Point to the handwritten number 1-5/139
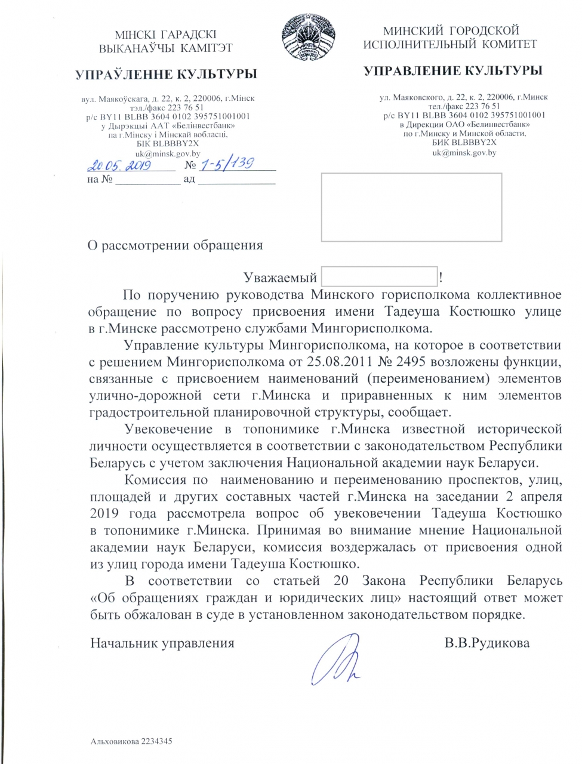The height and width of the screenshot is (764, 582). point(228,164)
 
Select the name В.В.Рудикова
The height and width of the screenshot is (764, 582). point(486,643)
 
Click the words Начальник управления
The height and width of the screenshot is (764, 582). point(162,643)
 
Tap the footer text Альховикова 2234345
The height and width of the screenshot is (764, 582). point(131,741)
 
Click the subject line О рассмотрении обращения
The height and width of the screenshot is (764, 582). point(175,245)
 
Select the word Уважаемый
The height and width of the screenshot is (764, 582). point(280,278)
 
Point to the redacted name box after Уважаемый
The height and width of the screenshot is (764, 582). point(379,277)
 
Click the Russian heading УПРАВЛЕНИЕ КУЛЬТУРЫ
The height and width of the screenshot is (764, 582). point(453,70)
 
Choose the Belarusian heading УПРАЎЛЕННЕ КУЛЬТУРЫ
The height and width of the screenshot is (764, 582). point(166,74)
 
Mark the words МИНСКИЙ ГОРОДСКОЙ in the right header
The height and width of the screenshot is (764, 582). point(451,30)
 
